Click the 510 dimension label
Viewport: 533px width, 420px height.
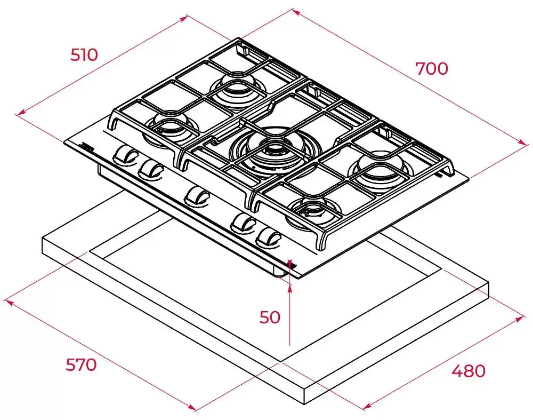(x=84, y=55)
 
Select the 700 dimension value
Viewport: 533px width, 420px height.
(x=432, y=69)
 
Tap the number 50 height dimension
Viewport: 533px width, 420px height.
(x=270, y=317)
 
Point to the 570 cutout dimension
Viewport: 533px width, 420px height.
(x=81, y=365)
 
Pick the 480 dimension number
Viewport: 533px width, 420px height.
(x=469, y=371)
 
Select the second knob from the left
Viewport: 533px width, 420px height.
(x=150, y=169)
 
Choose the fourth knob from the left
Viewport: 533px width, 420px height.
(x=244, y=224)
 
